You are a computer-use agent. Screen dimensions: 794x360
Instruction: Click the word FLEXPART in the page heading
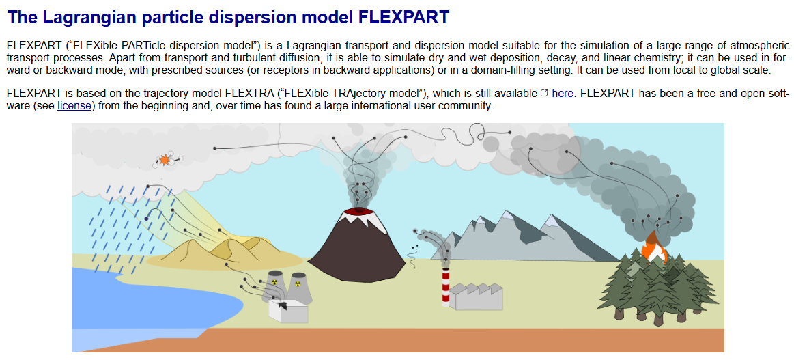(x=403, y=18)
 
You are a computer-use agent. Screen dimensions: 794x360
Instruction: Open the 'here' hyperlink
(x=563, y=93)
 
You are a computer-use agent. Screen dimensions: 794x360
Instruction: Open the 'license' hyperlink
(x=74, y=106)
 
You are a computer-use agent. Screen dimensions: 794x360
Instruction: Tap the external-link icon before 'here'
(x=544, y=93)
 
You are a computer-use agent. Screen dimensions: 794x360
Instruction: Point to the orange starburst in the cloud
(x=165, y=160)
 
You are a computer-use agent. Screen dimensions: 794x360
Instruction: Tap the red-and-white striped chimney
(x=446, y=286)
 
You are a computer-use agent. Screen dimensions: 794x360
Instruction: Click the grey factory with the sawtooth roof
(x=476, y=297)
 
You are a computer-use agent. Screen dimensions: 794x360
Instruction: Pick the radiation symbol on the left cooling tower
(x=274, y=279)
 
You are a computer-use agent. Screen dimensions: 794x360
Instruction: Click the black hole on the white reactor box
(x=282, y=305)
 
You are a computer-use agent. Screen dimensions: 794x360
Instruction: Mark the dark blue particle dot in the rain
(x=146, y=218)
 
